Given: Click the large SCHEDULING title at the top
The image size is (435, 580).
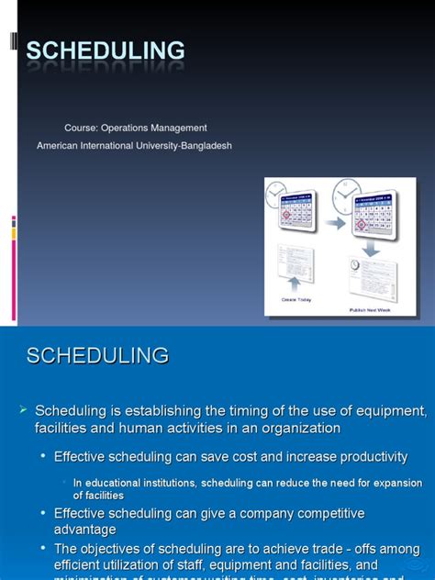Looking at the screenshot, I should pos(105,51).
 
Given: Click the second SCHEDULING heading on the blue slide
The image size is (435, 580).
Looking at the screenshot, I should pos(97,356).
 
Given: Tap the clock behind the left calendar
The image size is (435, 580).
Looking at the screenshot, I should pos(276,195).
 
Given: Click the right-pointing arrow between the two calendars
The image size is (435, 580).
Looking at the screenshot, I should pos(335,223).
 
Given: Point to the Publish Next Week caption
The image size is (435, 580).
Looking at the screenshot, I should pos(371,309).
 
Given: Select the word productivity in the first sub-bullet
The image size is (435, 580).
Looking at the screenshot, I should pos(372,457).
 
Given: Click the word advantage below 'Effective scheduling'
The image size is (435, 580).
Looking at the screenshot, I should pos(85,530).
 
